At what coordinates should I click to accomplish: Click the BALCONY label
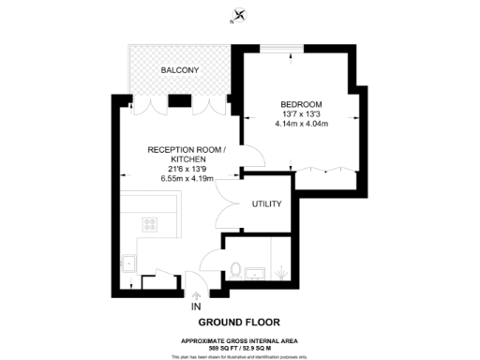(x=178, y=70)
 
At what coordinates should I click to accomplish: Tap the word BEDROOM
(x=301, y=103)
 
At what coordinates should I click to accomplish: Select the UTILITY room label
(x=266, y=203)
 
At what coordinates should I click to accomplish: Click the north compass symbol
(x=240, y=15)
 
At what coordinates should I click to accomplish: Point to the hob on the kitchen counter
(x=150, y=223)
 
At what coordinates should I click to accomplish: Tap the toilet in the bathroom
(x=237, y=270)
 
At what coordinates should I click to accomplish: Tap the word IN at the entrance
(x=195, y=307)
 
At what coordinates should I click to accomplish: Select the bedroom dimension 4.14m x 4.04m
(x=301, y=124)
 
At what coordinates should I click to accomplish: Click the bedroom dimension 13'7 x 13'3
(x=301, y=113)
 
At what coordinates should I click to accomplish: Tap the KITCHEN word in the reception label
(x=183, y=159)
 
